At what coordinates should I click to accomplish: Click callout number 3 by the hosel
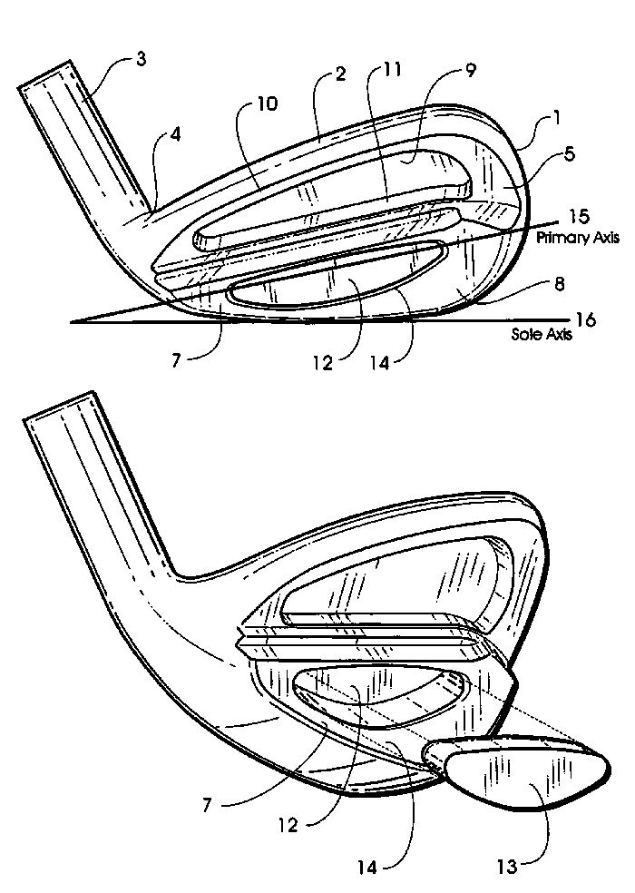coord(142,59)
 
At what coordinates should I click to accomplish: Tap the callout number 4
coord(175,135)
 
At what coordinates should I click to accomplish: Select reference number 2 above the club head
coord(340,74)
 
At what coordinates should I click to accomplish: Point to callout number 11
coord(393,69)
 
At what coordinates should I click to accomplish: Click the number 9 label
coord(471,70)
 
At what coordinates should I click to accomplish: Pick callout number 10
coord(267,103)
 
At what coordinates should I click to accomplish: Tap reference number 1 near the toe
coord(557,117)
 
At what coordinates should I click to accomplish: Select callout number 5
coord(569,153)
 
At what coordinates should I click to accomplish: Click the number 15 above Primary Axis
coord(578,216)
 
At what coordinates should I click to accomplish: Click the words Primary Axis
coord(578,238)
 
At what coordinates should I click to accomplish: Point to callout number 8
coord(560,284)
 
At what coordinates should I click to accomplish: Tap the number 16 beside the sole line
coord(585,320)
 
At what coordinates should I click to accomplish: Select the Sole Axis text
coord(541,334)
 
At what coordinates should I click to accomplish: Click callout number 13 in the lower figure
coord(507,867)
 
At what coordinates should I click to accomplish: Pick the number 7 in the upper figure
coord(177,360)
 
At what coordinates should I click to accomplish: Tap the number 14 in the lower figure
coord(367,868)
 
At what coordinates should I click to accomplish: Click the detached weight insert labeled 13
coord(518,774)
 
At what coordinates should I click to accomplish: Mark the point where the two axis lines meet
coord(71,323)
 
